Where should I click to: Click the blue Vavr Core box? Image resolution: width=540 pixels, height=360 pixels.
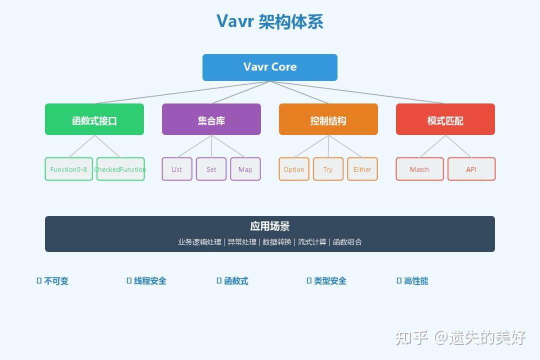click(270, 67)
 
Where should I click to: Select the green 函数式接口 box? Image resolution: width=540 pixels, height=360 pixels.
click(94, 119)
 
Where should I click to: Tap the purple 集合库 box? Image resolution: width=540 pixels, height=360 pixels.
click(211, 119)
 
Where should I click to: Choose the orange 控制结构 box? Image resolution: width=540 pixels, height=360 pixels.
click(328, 119)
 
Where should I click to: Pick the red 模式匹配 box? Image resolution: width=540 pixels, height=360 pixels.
click(445, 119)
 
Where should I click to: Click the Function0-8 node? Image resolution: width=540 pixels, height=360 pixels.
click(68, 169)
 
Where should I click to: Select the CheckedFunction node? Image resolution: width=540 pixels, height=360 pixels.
click(120, 169)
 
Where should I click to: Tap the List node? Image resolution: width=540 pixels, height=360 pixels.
click(177, 169)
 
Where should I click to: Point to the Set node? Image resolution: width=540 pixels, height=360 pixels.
click(211, 169)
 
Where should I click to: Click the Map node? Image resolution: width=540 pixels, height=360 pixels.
click(245, 169)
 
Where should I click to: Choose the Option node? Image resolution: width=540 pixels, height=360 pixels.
click(294, 169)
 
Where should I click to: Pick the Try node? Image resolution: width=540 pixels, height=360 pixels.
click(328, 169)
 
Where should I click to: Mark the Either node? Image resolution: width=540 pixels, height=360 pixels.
click(362, 169)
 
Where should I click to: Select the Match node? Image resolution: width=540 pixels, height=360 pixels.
click(419, 169)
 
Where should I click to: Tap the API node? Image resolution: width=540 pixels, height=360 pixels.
click(471, 169)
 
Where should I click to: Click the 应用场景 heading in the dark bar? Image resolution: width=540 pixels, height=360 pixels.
click(270, 226)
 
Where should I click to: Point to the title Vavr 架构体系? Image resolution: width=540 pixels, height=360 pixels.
click(270, 21)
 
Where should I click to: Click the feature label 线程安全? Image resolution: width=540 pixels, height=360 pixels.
click(150, 281)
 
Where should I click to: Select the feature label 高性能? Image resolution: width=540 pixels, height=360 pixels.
click(416, 281)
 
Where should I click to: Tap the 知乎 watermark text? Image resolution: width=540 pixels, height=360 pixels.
click(411, 337)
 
